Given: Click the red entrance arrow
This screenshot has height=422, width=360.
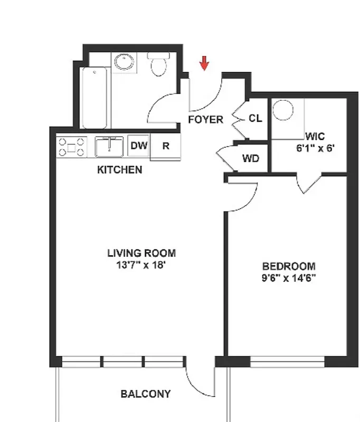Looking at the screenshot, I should (x=204, y=63).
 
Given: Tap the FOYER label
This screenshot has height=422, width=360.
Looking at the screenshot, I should (x=205, y=120).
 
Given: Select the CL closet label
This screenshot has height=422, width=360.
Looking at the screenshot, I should (x=255, y=119).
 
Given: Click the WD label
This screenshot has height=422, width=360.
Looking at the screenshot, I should (x=250, y=158).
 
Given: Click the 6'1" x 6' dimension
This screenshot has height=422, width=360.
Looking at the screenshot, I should (x=315, y=148).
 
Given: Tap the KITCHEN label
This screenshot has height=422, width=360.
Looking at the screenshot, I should (x=119, y=170).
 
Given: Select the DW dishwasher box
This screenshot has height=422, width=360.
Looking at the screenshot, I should (x=138, y=146).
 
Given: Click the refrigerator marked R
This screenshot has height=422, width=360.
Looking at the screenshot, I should (x=166, y=146).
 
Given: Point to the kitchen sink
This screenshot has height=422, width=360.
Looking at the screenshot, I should (x=109, y=146).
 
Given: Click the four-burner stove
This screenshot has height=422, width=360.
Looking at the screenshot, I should (x=72, y=146).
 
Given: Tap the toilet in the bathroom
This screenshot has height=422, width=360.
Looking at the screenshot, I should (x=158, y=65).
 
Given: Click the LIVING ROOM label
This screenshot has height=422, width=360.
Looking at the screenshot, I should (x=141, y=253).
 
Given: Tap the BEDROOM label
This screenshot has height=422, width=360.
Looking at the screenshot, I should (x=289, y=266).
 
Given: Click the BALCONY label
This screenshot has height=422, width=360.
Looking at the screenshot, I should (x=145, y=394).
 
